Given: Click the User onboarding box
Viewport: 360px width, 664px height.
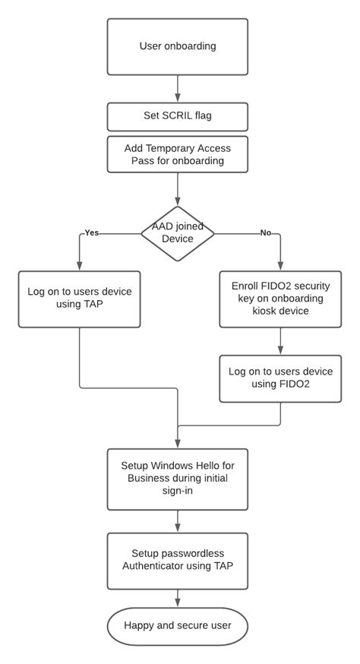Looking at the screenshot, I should pos(178,46).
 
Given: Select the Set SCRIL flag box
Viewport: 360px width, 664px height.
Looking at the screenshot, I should pos(178,117).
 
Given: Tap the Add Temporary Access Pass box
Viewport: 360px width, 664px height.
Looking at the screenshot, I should pos(178,154).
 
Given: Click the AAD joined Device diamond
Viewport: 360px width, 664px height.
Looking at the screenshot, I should pos(178,233).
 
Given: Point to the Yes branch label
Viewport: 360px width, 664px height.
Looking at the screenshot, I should pos(92,232).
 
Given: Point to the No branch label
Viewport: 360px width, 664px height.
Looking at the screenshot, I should pos(265,232).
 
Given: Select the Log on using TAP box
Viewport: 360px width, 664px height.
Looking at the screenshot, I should pos(79,299).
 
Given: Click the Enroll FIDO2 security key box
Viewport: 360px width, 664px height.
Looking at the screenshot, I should pos(280,299).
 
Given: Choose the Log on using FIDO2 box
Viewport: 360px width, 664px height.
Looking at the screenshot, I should pos(280,378).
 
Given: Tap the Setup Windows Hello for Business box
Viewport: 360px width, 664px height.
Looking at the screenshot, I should pos(178,479).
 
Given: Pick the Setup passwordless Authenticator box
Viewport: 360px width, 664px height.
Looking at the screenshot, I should pos(178,560).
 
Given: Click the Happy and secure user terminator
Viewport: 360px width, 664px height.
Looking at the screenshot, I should pos(178,627).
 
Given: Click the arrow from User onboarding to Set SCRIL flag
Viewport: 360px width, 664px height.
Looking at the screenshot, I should pos(178,89).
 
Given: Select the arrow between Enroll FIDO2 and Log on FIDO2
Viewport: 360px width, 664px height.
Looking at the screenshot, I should pos(280,340).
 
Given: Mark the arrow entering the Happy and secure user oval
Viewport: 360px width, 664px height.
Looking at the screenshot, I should pos(178,598).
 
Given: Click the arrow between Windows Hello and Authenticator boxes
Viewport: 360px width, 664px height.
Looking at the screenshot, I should pos(178,520).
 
